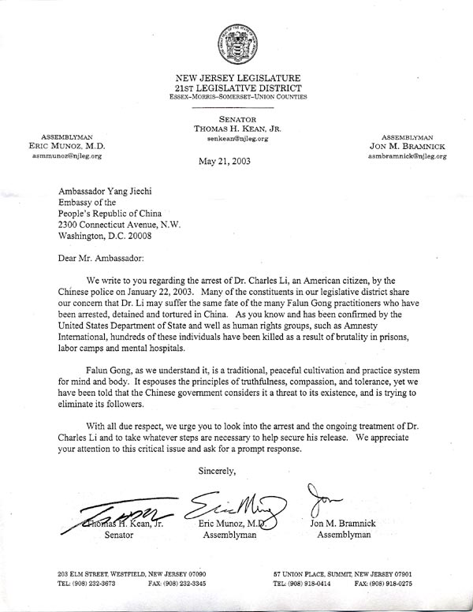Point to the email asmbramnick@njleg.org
point(407,157)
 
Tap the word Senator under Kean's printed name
point(121,535)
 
